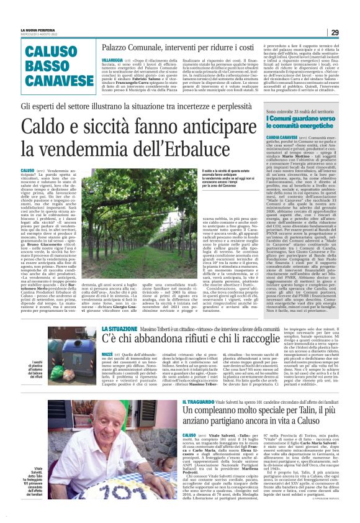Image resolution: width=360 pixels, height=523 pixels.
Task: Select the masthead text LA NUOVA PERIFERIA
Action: (x=36, y=29)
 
